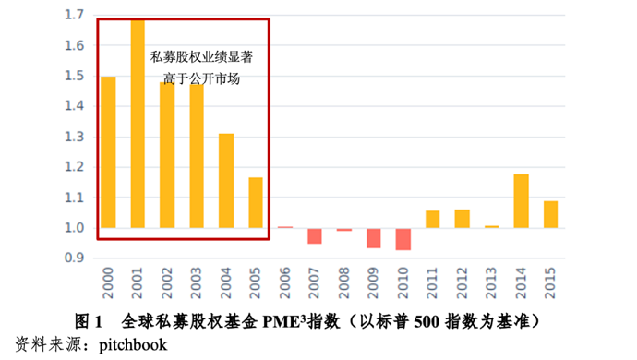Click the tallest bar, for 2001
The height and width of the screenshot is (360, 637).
point(138,124)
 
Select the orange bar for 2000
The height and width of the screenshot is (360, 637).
point(108,152)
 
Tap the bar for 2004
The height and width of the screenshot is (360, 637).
point(226,181)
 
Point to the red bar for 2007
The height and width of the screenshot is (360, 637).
point(315,235)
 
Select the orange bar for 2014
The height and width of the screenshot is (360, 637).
point(521,200)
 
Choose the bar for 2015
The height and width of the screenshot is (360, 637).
point(550,214)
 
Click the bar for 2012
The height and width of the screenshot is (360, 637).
point(462,219)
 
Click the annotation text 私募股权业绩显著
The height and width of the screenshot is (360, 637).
point(201,56)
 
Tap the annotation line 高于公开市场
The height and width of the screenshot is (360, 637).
point(201,78)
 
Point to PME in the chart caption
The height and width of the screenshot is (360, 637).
point(280,322)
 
